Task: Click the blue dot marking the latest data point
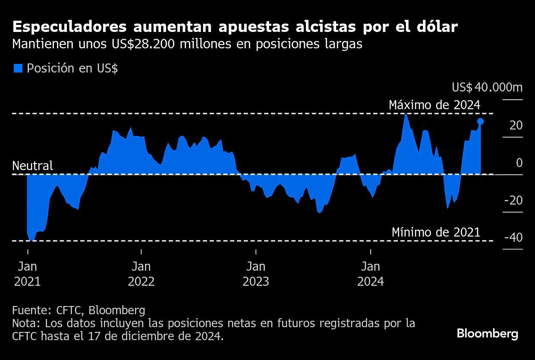[x=480, y=122]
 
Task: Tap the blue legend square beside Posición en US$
[x=18, y=69]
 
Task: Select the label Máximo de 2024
[x=434, y=105]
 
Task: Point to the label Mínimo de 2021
[x=436, y=232]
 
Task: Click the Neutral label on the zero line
[x=33, y=166]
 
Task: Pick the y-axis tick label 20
[x=516, y=126]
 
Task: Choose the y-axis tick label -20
[x=513, y=200]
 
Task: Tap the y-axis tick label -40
[x=513, y=238]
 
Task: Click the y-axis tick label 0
[x=519, y=163]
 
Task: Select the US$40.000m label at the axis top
[x=487, y=88]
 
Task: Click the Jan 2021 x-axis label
[x=27, y=274]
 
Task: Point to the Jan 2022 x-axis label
[x=141, y=274]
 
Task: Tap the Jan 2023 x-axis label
[x=256, y=274]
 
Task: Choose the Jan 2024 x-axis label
[x=371, y=274]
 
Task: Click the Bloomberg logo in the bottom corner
[x=487, y=334]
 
